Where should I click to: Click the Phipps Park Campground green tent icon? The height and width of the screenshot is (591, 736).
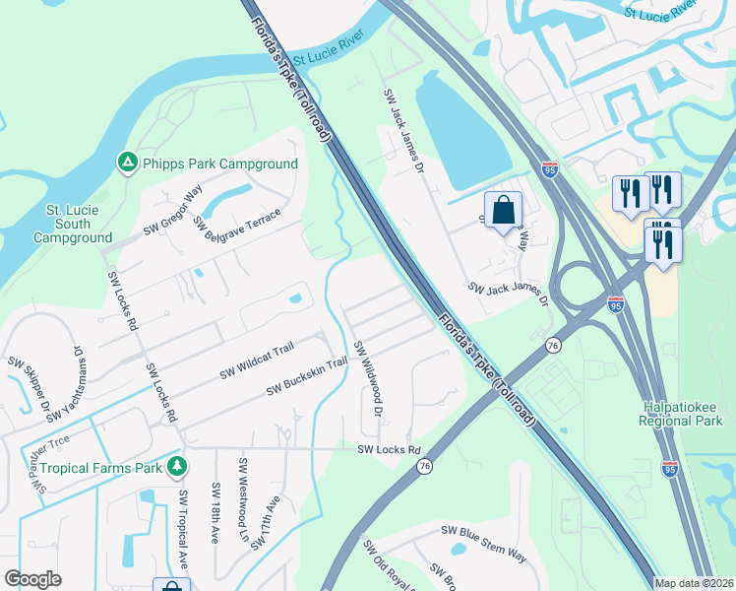pos(126,163)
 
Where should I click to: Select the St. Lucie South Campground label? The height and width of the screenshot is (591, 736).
pos(72,224)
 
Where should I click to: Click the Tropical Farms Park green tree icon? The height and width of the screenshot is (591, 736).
pos(176,466)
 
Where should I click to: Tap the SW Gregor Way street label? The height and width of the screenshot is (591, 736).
pos(173,205)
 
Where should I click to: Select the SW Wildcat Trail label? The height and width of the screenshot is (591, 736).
pos(257,361)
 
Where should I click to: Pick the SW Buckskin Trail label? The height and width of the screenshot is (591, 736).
pos(307,377)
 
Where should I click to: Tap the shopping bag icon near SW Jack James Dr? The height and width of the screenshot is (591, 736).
pos(503,211)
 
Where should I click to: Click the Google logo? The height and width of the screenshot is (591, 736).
pos(33,578)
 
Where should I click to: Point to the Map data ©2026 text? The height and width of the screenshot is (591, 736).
pos(695,583)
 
